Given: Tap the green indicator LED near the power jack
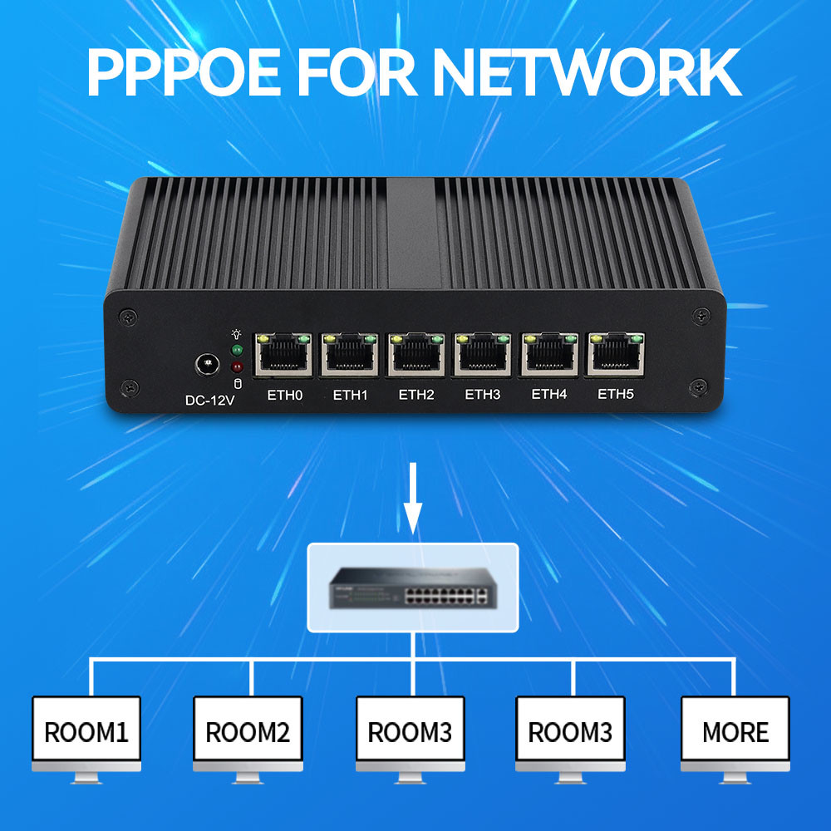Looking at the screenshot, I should point(237,350).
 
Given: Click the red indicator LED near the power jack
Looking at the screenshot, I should point(237,366).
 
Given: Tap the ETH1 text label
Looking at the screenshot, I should point(350,395).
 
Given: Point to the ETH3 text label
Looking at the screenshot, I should point(483,395).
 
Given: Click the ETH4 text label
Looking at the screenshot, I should point(549,395).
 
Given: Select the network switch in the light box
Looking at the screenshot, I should point(413,587).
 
